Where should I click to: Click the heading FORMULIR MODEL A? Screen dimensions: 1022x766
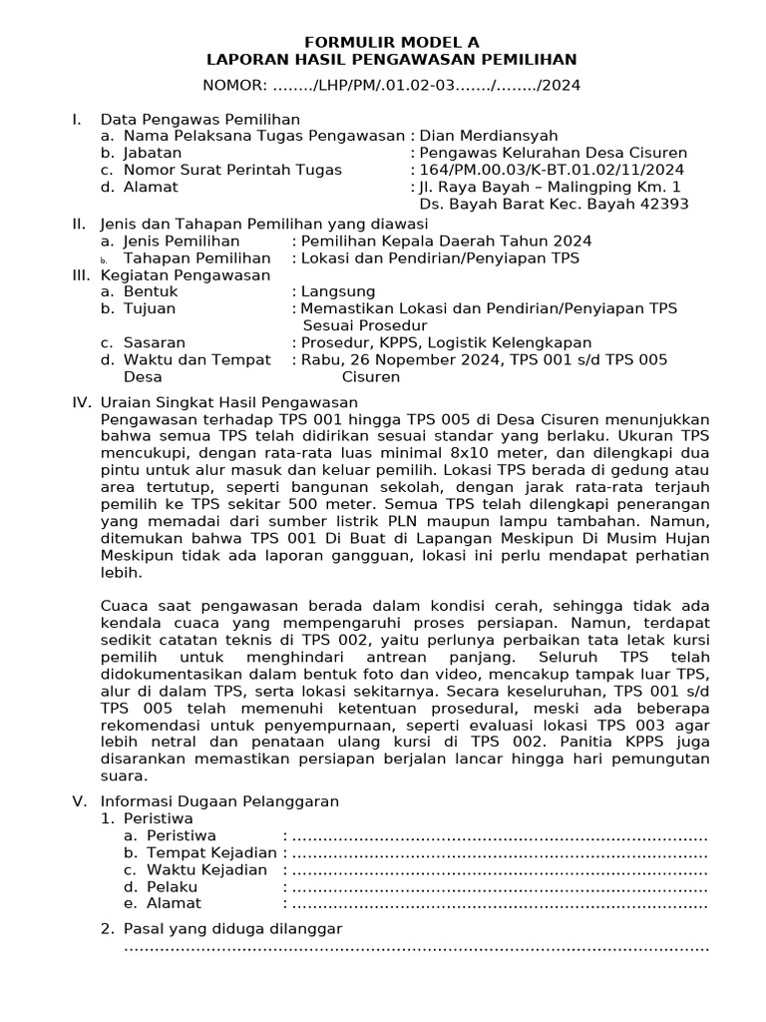391,42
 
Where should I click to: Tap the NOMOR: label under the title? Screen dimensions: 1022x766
236,85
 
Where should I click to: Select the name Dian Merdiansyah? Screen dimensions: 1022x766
488,136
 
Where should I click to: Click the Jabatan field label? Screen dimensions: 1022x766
153,153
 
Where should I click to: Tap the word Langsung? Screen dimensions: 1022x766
334,291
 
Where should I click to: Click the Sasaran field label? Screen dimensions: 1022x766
155,342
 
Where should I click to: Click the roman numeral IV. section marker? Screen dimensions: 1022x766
81,402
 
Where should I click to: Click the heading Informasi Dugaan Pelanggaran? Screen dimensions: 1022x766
219,800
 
